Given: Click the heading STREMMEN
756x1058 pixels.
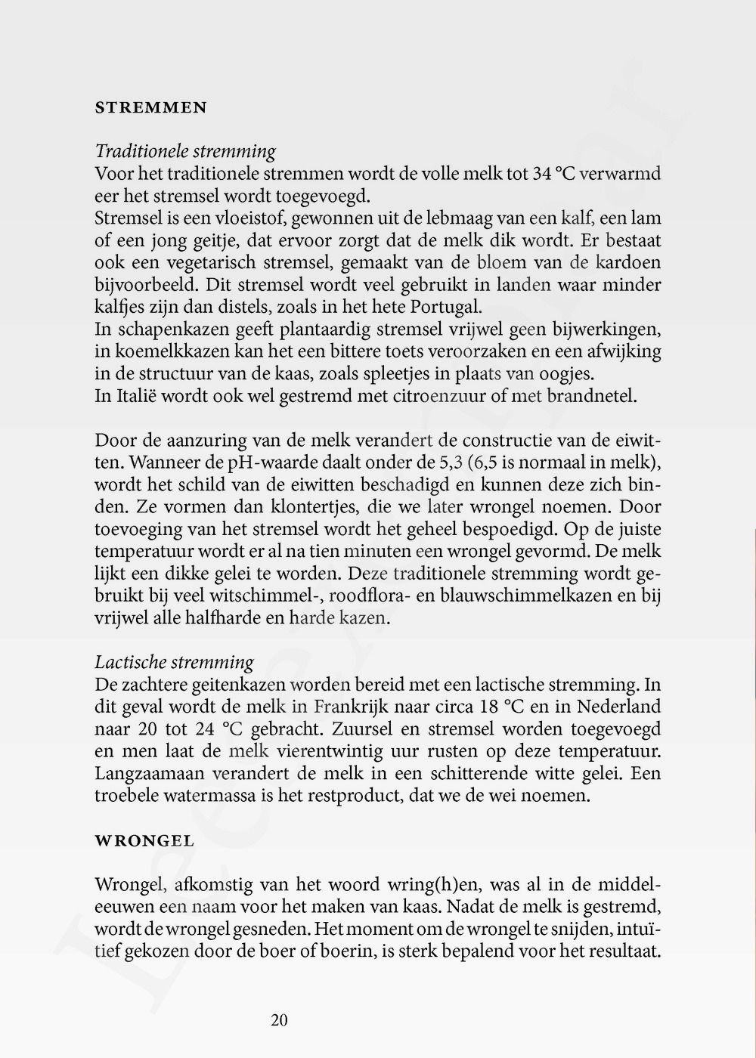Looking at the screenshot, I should point(150,108).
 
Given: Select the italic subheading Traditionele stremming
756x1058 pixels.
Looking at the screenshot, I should point(185,151).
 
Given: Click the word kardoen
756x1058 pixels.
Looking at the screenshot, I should point(627,263).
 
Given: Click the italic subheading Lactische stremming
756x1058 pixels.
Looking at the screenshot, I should point(174,663).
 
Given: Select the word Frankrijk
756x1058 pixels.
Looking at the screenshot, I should point(355,707).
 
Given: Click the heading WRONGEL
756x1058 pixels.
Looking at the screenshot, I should point(144,840).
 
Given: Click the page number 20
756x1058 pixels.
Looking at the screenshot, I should point(279,1020).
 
